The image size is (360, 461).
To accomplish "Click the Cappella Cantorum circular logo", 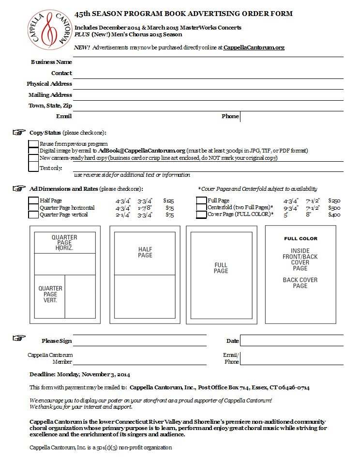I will (47, 31).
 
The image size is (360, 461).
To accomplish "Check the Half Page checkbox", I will (33, 200).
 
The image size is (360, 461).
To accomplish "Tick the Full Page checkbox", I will (201, 200).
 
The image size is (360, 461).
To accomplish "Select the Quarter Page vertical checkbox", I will (33, 215).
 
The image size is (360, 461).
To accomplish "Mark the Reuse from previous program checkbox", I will (33, 144).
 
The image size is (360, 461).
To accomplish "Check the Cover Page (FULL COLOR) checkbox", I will (201, 215).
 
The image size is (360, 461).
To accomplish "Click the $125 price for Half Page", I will (168, 200).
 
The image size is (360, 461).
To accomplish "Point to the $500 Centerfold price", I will (334, 208).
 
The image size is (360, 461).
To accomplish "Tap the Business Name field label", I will (51, 62).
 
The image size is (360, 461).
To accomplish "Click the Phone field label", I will (230, 116).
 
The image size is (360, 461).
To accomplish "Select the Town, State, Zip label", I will (50, 106).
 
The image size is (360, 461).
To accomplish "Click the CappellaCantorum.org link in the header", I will (254, 47).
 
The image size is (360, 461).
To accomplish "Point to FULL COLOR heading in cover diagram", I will (300, 239).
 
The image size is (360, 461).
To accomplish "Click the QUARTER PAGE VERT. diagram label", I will (50, 294).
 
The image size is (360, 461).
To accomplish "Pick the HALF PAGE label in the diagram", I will (145, 252).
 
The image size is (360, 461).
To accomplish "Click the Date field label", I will (232, 341).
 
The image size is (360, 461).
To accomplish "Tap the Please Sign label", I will (57, 341).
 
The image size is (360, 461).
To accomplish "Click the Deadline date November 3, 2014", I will (105, 374).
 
